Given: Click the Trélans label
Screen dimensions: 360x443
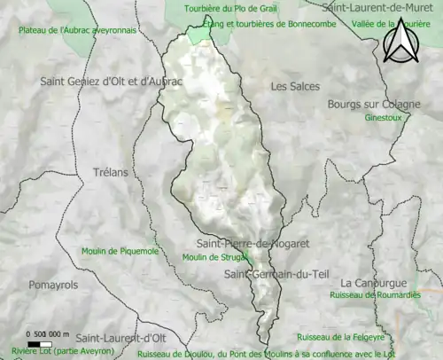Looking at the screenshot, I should pos(111,173).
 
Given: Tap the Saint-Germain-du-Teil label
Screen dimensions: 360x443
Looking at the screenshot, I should pos(276,274).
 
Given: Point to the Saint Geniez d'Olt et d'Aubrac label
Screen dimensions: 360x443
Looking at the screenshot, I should pos(111,81).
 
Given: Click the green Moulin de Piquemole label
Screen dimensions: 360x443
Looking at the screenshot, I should pos(120,251).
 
